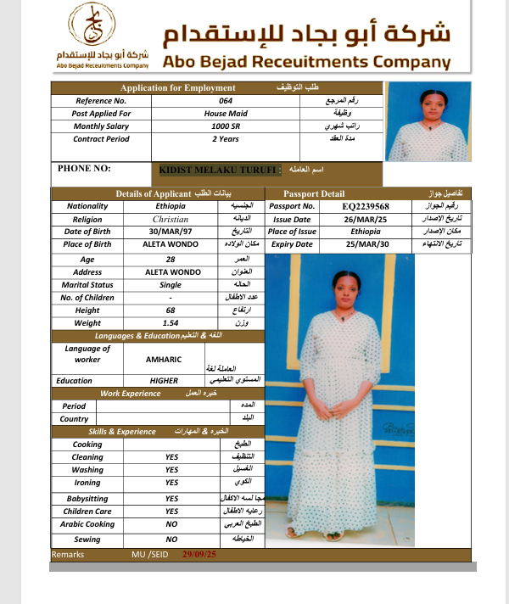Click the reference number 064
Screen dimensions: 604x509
click(x=225, y=101)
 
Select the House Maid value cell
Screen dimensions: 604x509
click(x=225, y=114)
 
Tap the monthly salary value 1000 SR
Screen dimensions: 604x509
click(x=225, y=126)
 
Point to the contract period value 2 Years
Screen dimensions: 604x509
click(x=225, y=139)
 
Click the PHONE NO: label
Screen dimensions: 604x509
click(x=84, y=169)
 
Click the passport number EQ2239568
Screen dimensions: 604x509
click(x=366, y=206)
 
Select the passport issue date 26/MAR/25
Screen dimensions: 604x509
click(x=366, y=219)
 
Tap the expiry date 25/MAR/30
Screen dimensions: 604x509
click(x=366, y=244)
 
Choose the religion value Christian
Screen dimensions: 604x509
click(x=171, y=219)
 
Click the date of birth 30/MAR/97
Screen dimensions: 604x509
click(x=171, y=232)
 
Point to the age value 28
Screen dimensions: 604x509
click(x=171, y=259)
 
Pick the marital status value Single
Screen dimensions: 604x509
click(x=171, y=285)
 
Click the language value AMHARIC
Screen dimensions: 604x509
click(x=171, y=359)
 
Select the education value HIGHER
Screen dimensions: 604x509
click(x=164, y=381)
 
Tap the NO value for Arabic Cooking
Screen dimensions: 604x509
click(x=171, y=524)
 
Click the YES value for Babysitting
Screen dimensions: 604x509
click(x=171, y=499)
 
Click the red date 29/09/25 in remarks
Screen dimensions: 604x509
click(x=199, y=554)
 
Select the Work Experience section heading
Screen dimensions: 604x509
click(x=131, y=394)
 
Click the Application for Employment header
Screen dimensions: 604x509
click(x=177, y=88)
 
